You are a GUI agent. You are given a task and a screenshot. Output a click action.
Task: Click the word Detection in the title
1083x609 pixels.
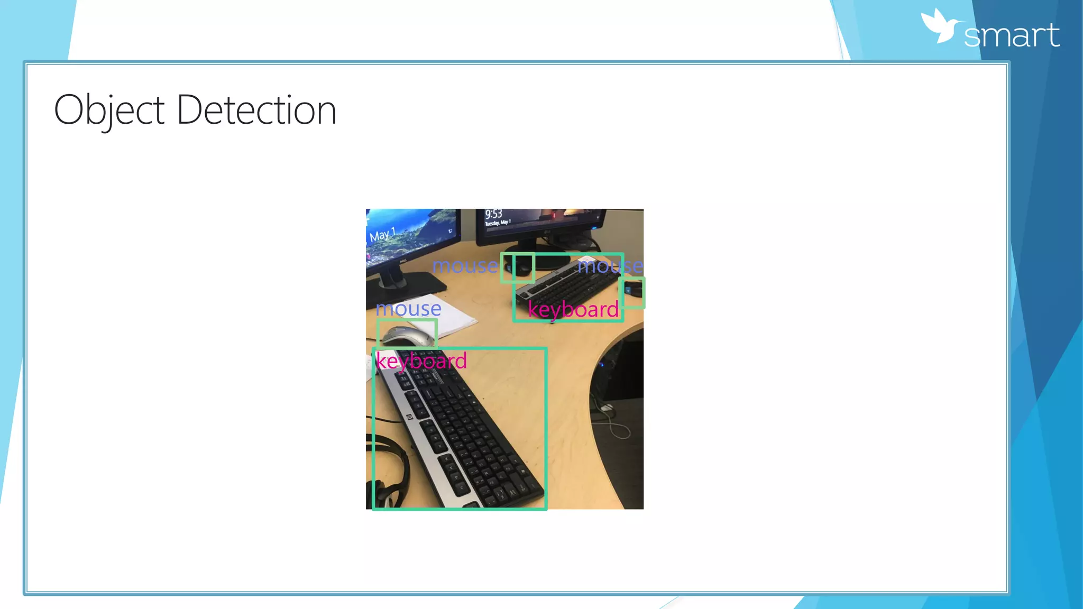[x=256, y=110]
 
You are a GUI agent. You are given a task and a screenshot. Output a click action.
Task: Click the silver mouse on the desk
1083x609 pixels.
[x=406, y=336]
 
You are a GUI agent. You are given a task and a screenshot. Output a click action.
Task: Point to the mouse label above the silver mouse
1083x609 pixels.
[x=408, y=309]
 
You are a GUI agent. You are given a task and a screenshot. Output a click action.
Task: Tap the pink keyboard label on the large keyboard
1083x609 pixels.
[x=421, y=361]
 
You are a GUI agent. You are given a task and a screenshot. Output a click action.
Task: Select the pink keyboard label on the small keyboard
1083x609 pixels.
[x=573, y=309]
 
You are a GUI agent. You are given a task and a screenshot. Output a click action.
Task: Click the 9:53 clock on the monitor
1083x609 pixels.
[x=493, y=214]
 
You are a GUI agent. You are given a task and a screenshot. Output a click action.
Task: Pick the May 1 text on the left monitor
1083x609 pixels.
[x=382, y=235]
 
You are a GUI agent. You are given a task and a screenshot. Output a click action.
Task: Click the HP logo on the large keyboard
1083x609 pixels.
[x=409, y=418]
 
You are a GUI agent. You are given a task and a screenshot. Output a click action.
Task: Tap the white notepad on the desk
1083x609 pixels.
[x=449, y=317]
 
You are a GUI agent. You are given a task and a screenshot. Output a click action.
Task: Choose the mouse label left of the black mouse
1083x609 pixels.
[x=465, y=265]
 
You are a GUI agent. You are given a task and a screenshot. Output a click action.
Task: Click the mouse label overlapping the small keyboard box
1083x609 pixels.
[x=610, y=265]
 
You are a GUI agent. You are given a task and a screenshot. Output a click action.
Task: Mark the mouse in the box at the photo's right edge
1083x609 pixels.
[x=632, y=291]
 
